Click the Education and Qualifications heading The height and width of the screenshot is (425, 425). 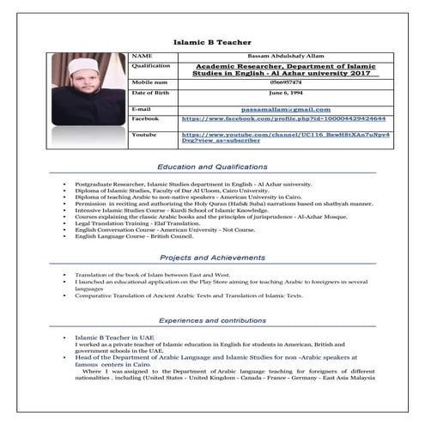pos(212,167)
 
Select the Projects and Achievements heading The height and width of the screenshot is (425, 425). pos(212,257)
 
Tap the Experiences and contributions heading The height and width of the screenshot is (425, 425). pos(212,318)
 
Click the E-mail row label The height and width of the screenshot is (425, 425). pos(143,109)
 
